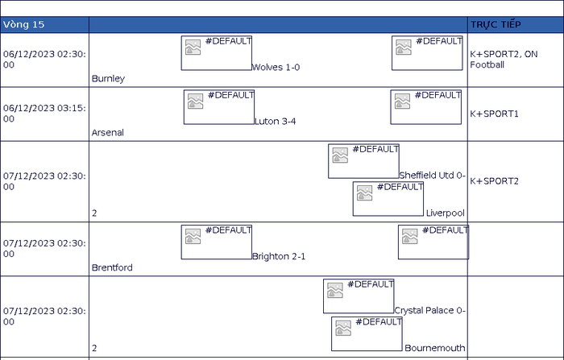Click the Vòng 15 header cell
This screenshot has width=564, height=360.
[44, 24]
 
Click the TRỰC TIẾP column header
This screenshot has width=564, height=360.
[516, 24]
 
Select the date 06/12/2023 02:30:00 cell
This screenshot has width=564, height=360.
[44, 60]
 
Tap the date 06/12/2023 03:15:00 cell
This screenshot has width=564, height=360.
[44, 114]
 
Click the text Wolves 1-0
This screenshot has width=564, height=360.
[276, 68]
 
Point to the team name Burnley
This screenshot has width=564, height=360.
[108, 78]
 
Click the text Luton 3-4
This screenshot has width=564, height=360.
[276, 121]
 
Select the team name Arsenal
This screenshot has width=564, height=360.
[108, 133]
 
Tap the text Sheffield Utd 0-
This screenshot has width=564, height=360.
[433, 175]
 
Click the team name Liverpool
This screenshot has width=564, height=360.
[446, 213]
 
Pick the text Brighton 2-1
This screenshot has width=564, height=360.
[279, 256]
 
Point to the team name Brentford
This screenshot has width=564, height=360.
[112, 267]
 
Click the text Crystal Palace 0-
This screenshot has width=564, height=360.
[429, 310]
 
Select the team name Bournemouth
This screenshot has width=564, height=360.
[435, 348]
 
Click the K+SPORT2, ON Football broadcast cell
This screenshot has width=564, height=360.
[516, 60]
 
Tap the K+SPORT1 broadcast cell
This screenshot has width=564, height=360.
[516, 114]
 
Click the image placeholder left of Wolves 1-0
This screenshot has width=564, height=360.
[217, 53]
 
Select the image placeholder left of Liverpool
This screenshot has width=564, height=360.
[388, 198]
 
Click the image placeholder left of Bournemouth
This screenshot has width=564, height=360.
[367, 333]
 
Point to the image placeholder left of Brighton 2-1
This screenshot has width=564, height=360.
[217, 242]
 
